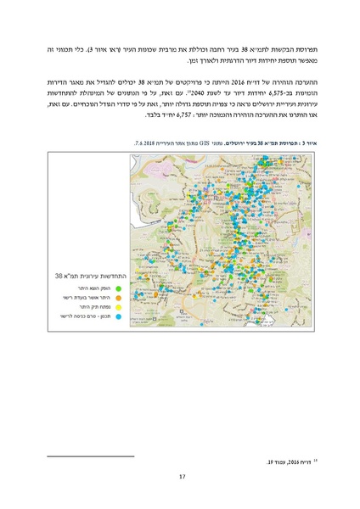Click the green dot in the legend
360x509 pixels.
point(118,288)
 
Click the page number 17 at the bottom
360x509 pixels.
point(181,476)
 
